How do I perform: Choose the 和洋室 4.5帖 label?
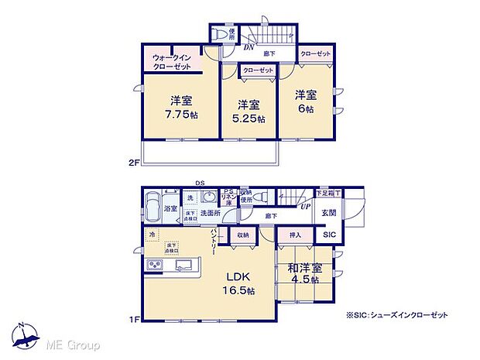point(303,273)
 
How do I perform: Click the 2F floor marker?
point(134,163)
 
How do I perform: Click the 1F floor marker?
point(134,317)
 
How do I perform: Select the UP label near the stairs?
point(307,207)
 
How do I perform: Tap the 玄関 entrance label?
point(329,213)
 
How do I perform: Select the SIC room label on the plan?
point(329,234)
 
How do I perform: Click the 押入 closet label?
point(295,233)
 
